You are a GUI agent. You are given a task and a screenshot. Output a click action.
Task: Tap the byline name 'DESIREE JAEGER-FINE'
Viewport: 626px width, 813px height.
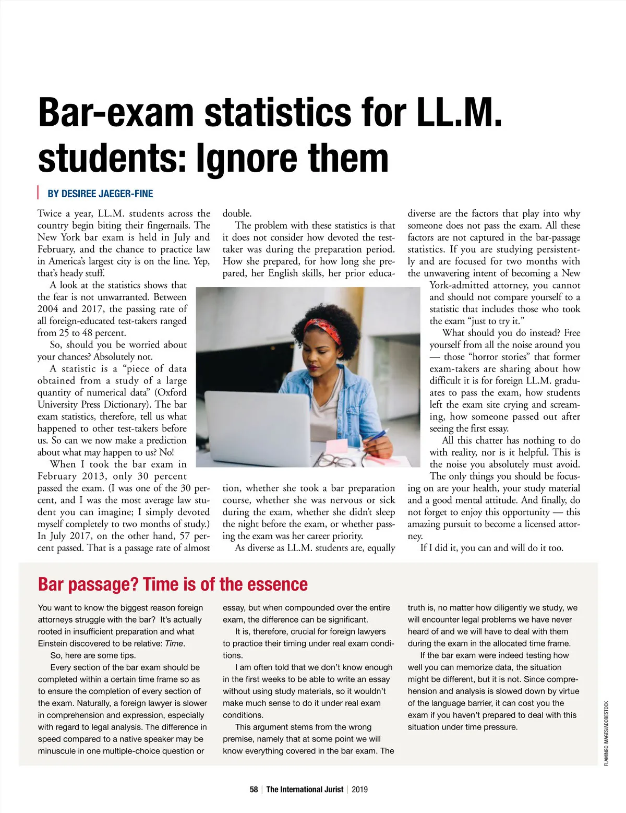[100, 194]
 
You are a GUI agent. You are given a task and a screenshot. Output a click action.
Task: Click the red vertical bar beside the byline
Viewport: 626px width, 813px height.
[38, 193]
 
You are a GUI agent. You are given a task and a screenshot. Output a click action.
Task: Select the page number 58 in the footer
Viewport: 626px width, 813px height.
[254, 790]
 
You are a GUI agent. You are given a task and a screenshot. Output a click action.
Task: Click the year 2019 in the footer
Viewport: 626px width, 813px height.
[359, 790]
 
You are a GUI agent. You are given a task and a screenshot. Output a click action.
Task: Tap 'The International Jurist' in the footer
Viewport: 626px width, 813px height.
[305, 790]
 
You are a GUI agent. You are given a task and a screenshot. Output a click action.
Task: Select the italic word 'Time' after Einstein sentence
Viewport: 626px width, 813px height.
[174, 643]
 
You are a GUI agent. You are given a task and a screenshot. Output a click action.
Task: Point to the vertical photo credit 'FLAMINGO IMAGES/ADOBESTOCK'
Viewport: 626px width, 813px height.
[606, 733]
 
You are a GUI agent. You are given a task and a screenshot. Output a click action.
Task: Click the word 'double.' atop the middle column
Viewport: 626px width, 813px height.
[237, 213]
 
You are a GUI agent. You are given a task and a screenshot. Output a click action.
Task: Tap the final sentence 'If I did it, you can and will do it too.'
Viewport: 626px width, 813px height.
[491, 548]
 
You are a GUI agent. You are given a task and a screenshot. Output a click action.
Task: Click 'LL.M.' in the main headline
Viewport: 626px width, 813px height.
[459, 112]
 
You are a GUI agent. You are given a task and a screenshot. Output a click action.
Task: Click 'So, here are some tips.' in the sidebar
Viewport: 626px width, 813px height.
[93, 655]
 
